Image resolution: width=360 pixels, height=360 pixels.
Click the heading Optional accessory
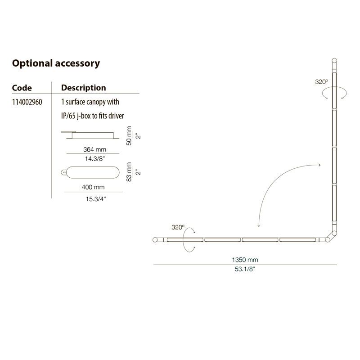(x=56, y=63)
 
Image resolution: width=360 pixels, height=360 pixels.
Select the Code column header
(x=22, y=88)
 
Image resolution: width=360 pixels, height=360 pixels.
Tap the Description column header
(x=84, y=88)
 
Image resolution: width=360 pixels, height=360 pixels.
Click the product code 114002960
(x=27, y=102)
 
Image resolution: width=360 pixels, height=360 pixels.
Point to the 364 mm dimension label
(x=94, y=149)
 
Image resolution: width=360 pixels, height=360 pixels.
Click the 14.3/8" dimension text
(x=95, y=159)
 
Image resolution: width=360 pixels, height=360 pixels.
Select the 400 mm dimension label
(x=93, y=187)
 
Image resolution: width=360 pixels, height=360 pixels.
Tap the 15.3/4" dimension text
(x=96, y=199)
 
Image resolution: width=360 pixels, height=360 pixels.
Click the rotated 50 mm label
(x=129, y=136)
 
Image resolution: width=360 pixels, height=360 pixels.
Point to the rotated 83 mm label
(x=129, y=172)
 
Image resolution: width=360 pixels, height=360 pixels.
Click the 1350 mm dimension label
(x=245, y=260)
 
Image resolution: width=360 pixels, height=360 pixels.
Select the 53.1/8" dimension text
(x=245, y=269)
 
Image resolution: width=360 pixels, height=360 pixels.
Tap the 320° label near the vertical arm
(x=321, y=82)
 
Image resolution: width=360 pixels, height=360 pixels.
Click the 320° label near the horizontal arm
(x=178, y=227)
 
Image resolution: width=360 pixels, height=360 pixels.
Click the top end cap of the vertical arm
(x=334, y=61)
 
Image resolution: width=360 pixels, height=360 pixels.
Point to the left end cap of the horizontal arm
(x=155, y=240)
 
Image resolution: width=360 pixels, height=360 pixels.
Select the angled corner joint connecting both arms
(x=331, y=237)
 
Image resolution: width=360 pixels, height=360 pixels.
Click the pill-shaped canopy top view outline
(x=93, y=166)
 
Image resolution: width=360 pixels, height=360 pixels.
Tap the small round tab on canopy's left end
(x=63, y=172)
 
